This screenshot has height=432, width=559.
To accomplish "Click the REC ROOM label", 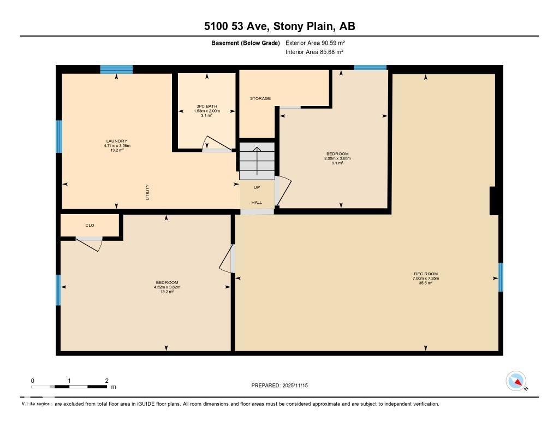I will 425,274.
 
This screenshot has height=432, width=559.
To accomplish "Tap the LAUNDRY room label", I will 117,141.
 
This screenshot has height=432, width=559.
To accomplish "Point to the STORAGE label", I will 260,99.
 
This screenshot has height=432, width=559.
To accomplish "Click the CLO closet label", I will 90,225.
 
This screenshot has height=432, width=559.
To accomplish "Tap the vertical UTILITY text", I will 147,192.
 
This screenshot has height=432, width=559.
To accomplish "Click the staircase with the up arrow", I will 257,161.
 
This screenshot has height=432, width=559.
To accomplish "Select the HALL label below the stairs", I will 257,202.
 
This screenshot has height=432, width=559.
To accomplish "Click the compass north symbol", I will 516,381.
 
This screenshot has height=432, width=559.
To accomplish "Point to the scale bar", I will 70,387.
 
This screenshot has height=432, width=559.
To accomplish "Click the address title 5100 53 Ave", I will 279,26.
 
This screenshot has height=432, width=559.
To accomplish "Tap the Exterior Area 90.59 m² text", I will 315,43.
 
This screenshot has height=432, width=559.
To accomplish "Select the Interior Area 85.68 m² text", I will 314,52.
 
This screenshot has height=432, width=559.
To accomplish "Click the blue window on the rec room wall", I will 500,277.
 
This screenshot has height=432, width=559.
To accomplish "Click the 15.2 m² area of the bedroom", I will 167,292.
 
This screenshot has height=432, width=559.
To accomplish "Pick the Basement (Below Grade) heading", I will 245,43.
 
